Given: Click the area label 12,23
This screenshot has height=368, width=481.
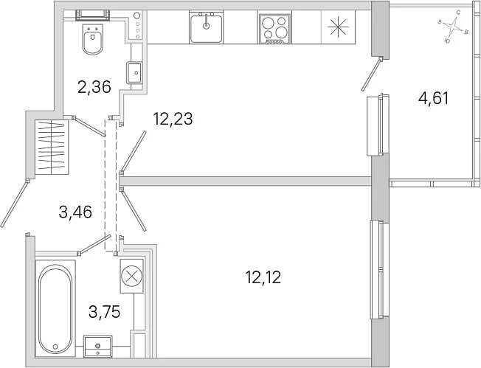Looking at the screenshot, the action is tap(173, 119).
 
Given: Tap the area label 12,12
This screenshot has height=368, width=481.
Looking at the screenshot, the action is tap(263, 277).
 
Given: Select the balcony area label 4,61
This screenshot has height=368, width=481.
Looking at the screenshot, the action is tap(434, 99).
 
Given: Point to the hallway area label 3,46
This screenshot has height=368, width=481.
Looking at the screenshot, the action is tap(75, 212).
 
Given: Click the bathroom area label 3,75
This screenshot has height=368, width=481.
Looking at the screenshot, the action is tap(104, 312).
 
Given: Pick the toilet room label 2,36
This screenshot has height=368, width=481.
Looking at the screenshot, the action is tap(94, 87).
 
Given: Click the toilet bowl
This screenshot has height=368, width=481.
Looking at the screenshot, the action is tap(93, 40).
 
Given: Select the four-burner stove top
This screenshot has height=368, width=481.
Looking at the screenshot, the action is tap(274, 29).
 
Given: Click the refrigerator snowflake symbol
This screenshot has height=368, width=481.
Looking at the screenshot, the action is tap(338, 27).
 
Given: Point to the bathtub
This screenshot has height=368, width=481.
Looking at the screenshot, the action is tap(55, 309).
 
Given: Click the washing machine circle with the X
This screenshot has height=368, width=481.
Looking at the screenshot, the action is tap(132, 276).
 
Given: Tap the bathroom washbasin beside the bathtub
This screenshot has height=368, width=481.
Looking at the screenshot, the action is tap(98, 347).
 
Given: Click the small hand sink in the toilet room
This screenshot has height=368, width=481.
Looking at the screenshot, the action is tap(134, 72).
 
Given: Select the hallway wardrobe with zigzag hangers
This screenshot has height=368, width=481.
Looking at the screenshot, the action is tap(51, 147).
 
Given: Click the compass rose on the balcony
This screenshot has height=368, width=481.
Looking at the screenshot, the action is tap(454, 27).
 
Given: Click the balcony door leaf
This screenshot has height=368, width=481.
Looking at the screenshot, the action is tap(372, 74).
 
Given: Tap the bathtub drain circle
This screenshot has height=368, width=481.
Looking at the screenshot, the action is tap(55, 347).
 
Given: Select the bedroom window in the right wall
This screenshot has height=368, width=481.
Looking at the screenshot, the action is tap(380, 270).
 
